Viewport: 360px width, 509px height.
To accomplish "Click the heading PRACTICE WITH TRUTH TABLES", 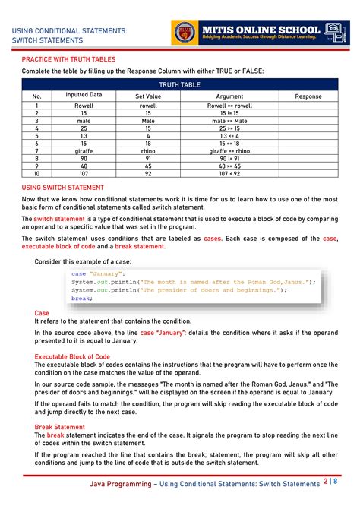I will tap(68, 58).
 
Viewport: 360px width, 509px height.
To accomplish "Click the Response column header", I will tap(308, 96).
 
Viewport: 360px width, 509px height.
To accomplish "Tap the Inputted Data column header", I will tap(84, 96).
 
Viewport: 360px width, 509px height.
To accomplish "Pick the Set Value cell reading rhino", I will tap(147, 150).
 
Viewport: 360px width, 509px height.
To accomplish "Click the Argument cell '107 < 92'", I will tap(229, 172).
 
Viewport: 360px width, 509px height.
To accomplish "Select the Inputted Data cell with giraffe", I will tap(84, 150).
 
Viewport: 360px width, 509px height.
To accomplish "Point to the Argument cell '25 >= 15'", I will tap(229, 128).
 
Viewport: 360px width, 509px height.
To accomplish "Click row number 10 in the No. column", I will tap(36, 172).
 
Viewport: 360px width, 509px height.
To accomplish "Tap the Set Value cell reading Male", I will tap(147, 120).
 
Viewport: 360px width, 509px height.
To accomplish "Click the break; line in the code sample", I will tap(81, 299).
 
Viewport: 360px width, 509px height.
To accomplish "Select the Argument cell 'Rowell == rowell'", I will tap(229, 106).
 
